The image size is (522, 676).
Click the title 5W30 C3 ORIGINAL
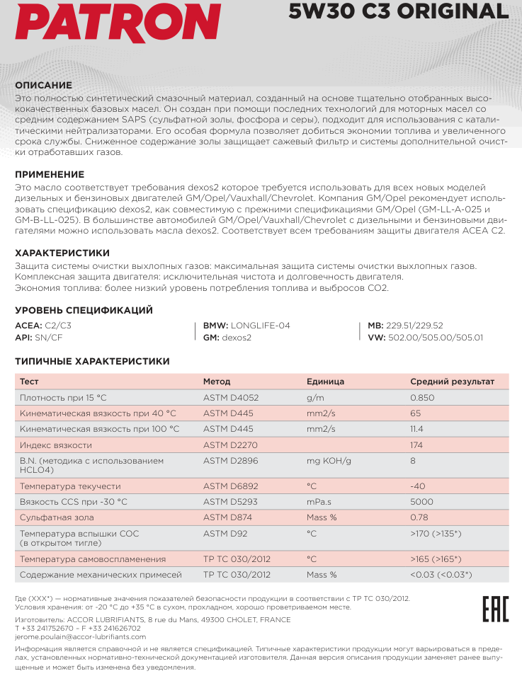tap(399, 11)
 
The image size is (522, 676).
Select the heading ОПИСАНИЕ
tap(44, 85)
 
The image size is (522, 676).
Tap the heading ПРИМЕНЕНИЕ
tap(50, 174)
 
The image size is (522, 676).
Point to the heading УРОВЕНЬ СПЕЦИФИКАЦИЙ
tap(84, 310)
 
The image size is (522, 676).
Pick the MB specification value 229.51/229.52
tap(415, 326)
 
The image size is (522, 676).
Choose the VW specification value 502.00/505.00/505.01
tap(436, 338)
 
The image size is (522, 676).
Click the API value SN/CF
tap(49, 338)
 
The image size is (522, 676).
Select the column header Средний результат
tap(452, 382)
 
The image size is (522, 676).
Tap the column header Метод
tap(217, 382)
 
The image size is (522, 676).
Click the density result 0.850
tap(422, 398)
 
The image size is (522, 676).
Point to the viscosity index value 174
tap(416, 445)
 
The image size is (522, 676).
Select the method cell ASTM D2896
tap(231, 461)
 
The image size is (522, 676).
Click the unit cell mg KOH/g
tap(329, 461)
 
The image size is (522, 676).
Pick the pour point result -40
tap(417, 486)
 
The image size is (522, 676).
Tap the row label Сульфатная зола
tap(57, 517)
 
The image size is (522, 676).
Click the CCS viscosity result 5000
tap(421, 502)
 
